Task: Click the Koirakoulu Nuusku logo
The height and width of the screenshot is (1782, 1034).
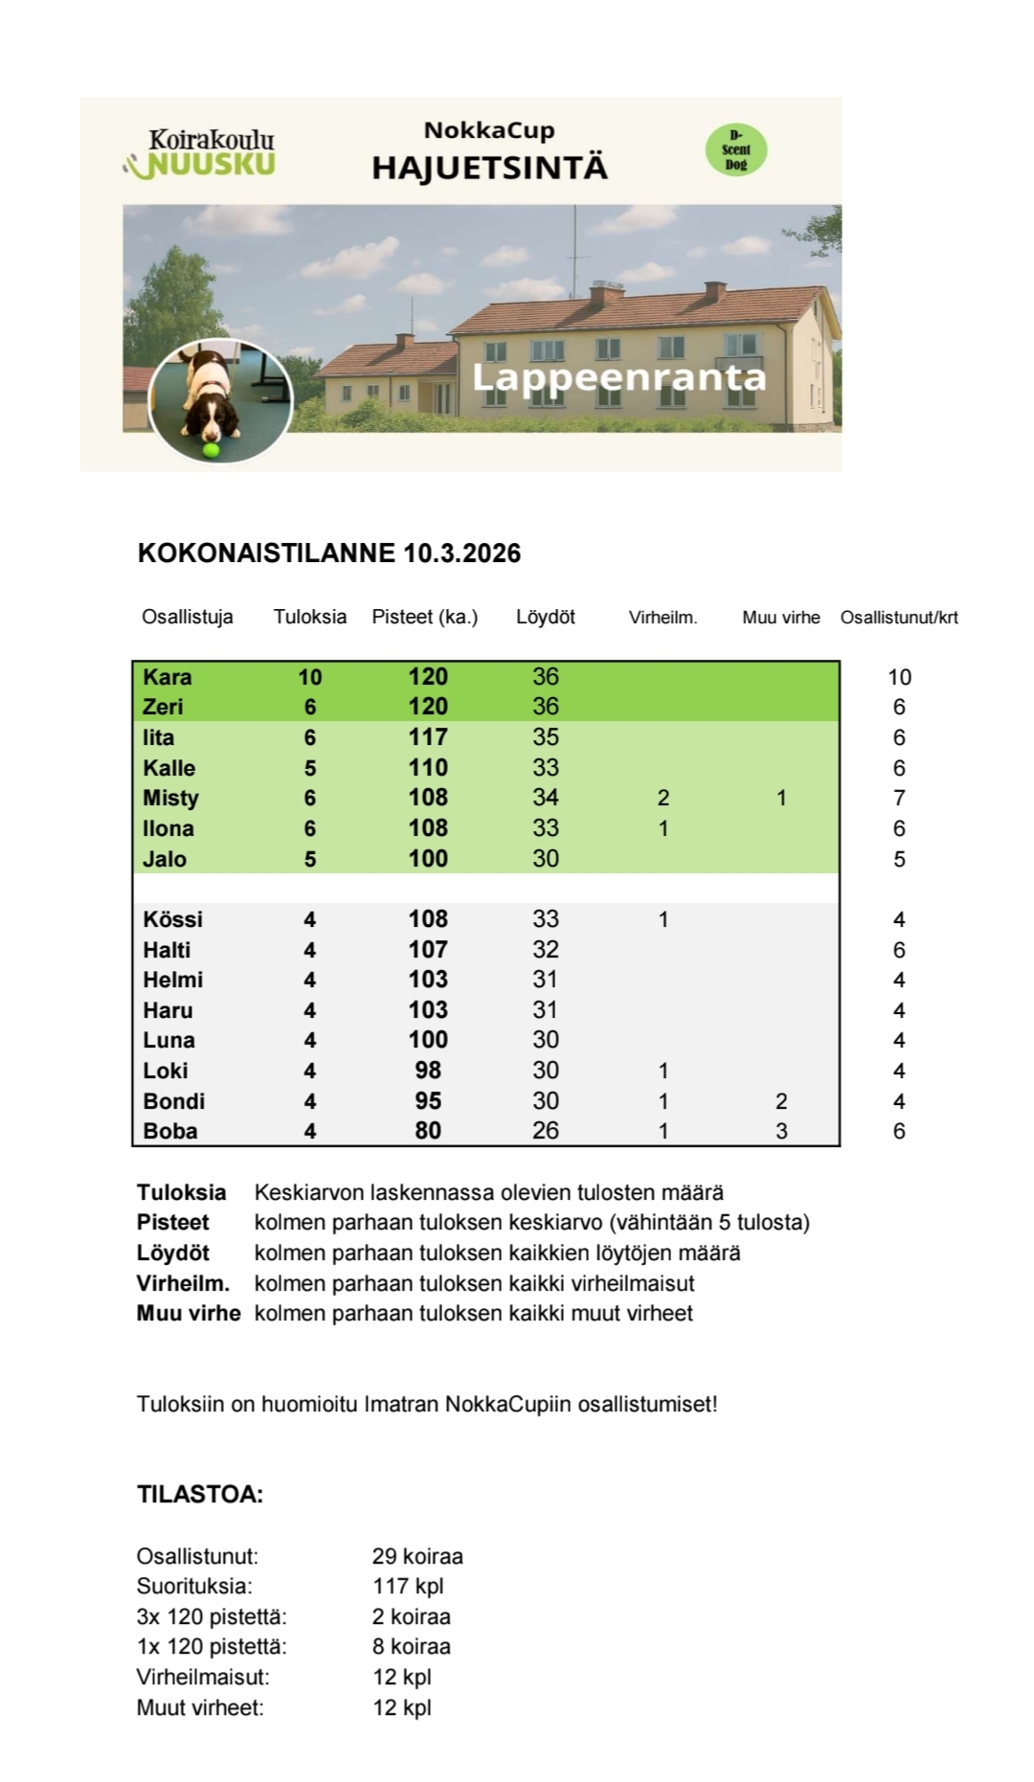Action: (x=202, y=153)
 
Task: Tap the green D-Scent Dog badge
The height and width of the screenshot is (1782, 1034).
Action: (x=736, y=149)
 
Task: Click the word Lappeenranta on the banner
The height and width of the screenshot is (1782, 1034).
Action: (x=619, y=377)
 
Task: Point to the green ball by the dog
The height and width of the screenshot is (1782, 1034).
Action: (x=211, y=449)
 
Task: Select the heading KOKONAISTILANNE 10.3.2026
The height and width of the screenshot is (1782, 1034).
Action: (x=329, y=553)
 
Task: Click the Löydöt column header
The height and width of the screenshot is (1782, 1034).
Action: (x=545, y=618)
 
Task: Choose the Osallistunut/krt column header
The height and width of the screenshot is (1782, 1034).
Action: (x=899, y=618)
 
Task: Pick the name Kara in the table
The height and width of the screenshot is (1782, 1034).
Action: (x=168, y=677)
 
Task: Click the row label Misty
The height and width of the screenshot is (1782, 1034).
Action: (x=170, y=799)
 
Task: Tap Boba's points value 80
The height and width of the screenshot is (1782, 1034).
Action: (x=428, y=1131)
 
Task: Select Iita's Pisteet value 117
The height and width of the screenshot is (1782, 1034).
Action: (x=428, y=737)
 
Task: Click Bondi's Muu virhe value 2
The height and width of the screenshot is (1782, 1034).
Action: (x=781, y=1101)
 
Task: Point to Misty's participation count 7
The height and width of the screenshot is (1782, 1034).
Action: (x=899, y=799)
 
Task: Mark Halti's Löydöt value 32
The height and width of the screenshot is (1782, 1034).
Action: (x=546, y=950)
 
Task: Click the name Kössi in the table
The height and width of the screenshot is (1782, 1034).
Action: (x=173, y=919)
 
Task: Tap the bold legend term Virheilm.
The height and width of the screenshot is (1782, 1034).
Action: (x=183, y=1283)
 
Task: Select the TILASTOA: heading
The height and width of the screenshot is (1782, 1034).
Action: (x=200, y=1495)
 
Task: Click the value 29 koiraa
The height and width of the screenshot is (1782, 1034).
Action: (x=417, y=1556)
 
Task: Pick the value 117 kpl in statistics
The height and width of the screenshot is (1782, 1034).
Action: (x=408, y=1587)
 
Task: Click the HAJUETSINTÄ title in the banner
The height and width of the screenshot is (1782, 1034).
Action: (x=489, y=168)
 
